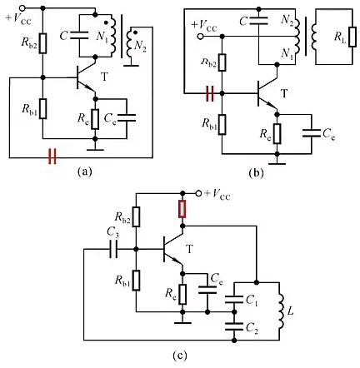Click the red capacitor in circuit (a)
click(52, 157)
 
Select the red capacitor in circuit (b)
click(210, 93)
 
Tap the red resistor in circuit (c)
click(182, 209)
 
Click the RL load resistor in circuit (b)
click(352, 37)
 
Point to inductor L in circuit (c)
click(281, 311)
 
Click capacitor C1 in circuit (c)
click(234, 299)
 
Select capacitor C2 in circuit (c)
click(234, 326)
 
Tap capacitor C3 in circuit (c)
click(113, 249)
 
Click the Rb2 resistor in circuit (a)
click(42, 43)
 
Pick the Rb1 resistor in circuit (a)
click(42, 108)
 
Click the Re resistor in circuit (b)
click(277, 134)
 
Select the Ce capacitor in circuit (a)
click(127, 117)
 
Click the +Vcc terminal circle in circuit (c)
click(198, 193)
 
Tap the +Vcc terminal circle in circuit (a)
click(22, 8)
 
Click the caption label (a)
click(84, 172)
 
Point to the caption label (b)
click(256, 173)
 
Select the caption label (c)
click(179, 356)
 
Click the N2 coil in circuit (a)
click(130, 42)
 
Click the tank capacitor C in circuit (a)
click(79, 35)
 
